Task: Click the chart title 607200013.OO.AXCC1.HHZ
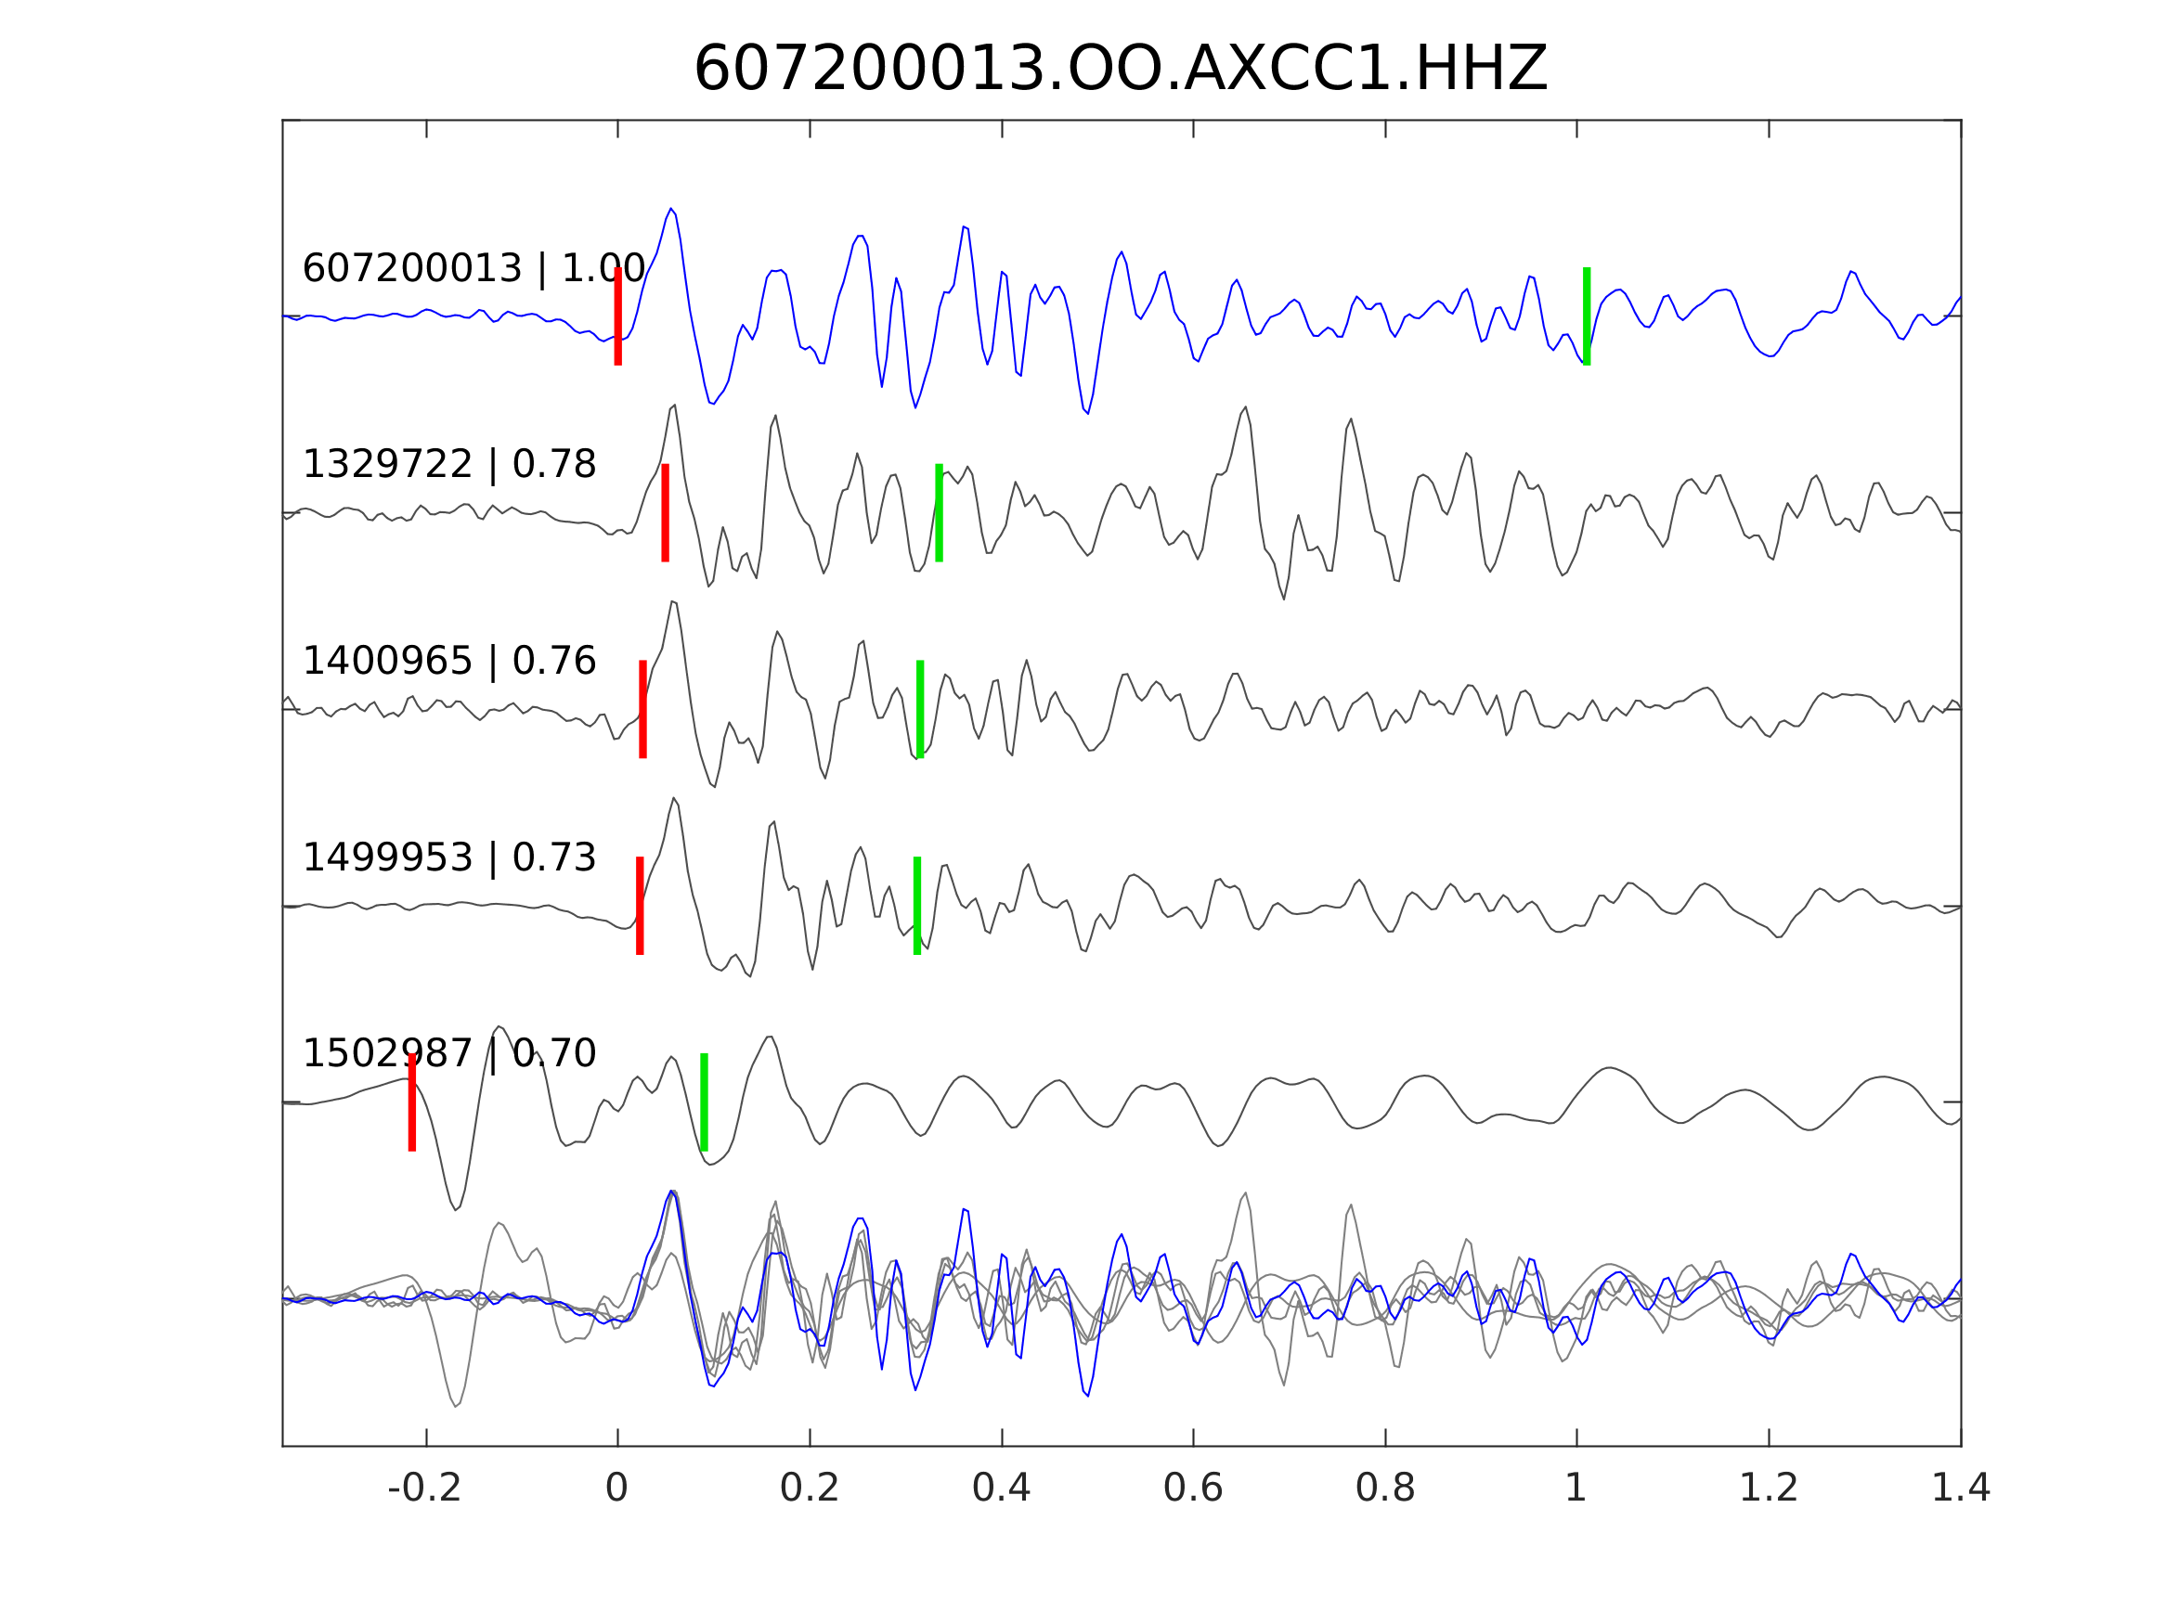click(x=1120, y=70)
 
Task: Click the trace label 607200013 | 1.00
click(x=473, y=268)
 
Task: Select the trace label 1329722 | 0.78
click(x=448, y=464)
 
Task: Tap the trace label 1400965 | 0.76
click(x=448, y=661)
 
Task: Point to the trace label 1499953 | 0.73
click(x=448, y=857)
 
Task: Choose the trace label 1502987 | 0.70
click(x=448, y=1053)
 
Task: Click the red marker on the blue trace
click(x=618, y=316)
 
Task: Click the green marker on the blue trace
click(x=1587, y=316)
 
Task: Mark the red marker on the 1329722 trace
click(x=665, y=513)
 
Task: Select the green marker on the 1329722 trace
click(x=938, y=513)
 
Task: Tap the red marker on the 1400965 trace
click(x=642, y=710)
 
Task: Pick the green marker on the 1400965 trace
click(x=919, y=710)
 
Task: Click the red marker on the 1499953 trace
click(x=640, y=906)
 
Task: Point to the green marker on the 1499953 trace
click(x=916, y=906)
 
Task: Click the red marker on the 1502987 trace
click(x=412, y=1102)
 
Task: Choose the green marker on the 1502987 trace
click(x=703, y=1102)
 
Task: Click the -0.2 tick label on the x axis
click(x=424, y=1489)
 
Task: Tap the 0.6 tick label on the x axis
click(x=1193, y=1489)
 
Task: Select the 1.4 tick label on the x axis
click(x=1959, y=1489)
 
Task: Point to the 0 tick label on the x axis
click(x=616, y=1489)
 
